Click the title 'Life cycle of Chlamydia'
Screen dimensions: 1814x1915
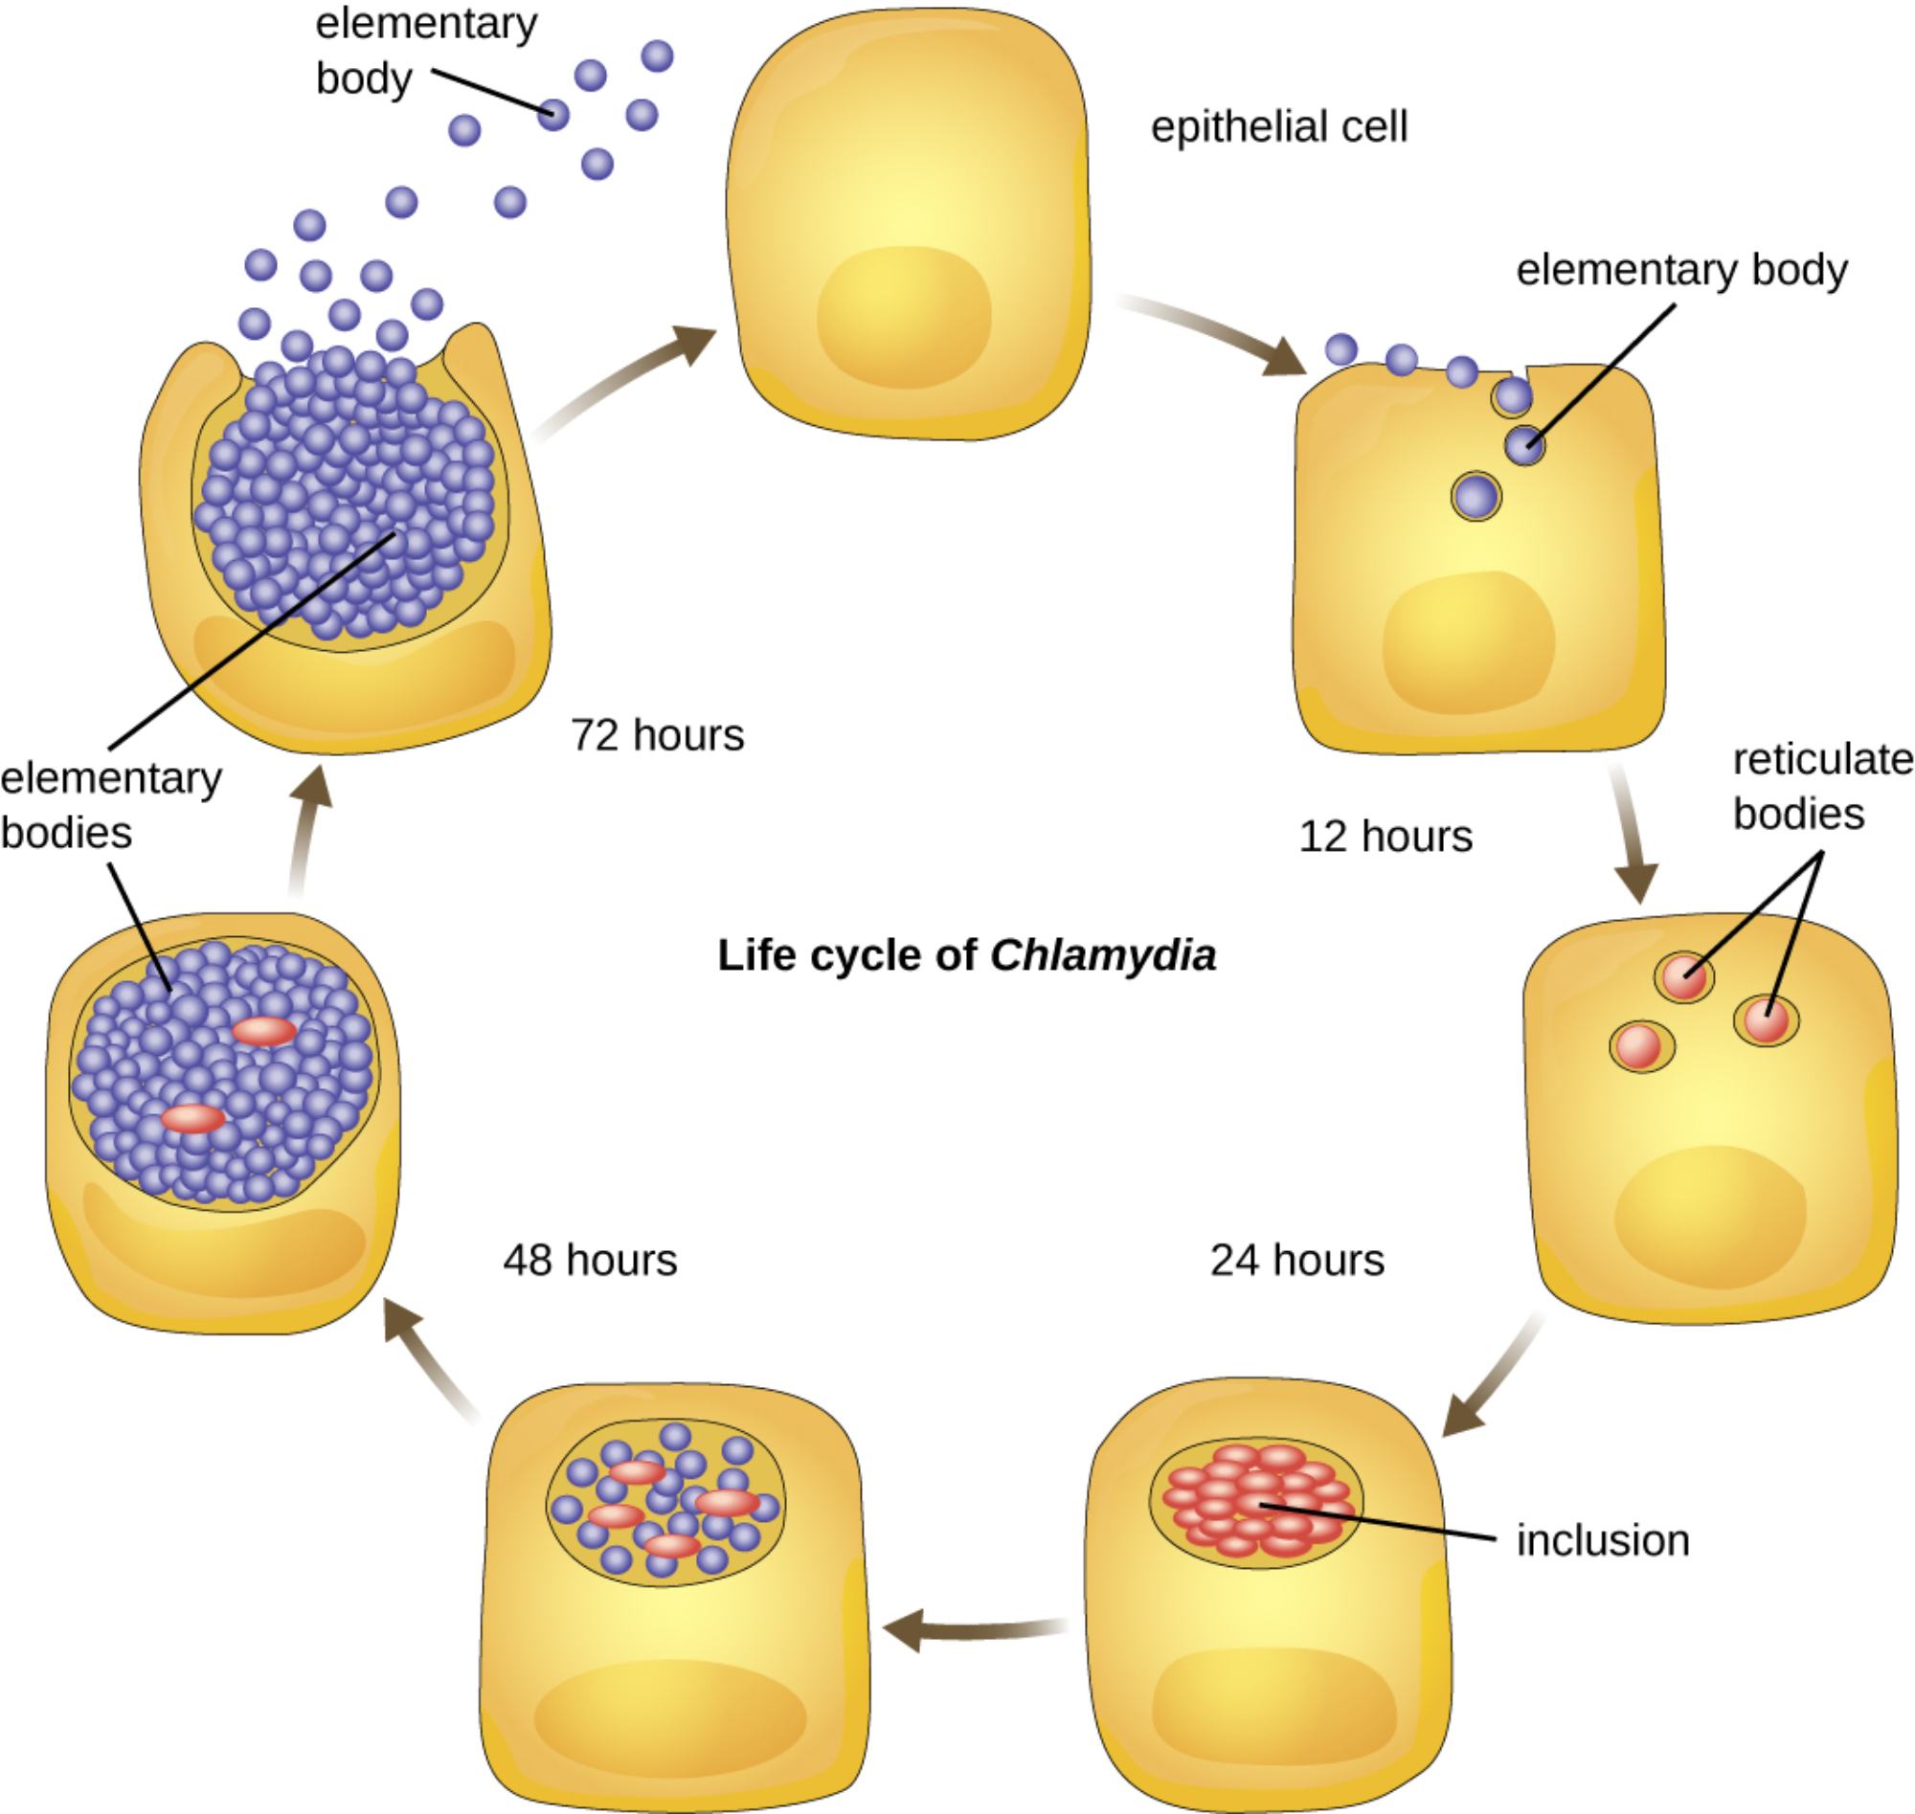pyautogui.click(x=966, y=956)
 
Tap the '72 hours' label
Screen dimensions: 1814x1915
pyautogui.click(x=657, y=736)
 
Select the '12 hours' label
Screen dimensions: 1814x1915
pyautogui.click(x=1385, y=837)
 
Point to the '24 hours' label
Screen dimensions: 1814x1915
pyautogui.click(x=1297, y=1261)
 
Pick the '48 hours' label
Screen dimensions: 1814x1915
pyautogui.click(x=590, y=1261)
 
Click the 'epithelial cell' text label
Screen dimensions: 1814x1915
pyautogui.click(x=1278, y=127)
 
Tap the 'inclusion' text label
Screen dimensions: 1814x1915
pyautogui.click(x=1603, y=1541)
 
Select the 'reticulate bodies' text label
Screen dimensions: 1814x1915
pyautogui.click(x=1822, y=787)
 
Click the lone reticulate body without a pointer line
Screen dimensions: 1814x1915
pyautogui.click(x=1640, y=1047)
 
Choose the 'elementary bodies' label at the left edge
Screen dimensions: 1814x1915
pyautogui.click(x=110, y=805)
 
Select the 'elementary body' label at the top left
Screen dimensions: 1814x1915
pyautogui.click(x=425, y=51)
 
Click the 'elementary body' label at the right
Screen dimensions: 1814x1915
pyautogui.click(x=1681, y=270)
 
